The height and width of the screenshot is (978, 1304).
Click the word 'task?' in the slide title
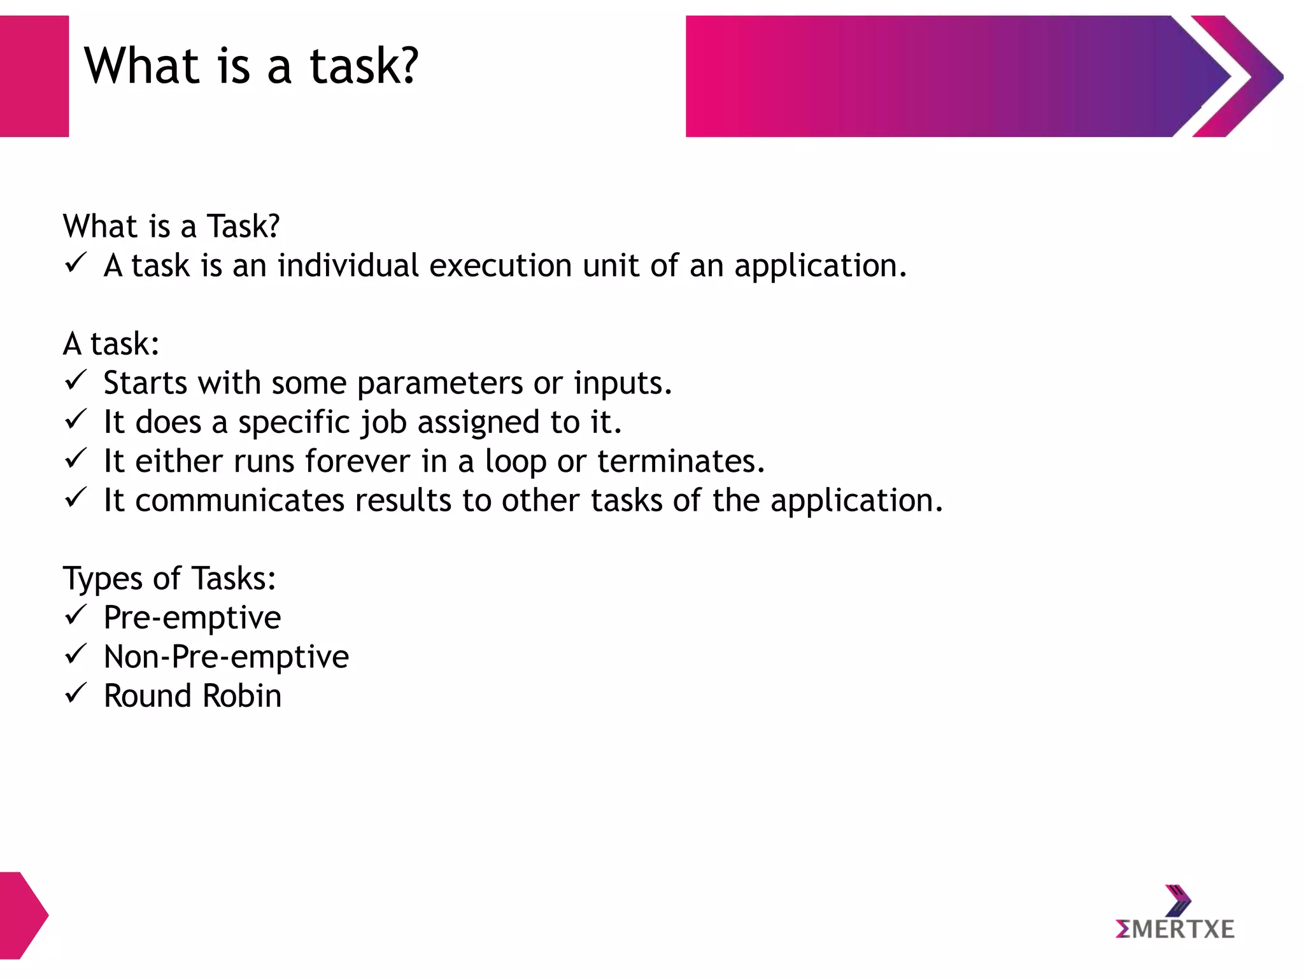pos(364,66)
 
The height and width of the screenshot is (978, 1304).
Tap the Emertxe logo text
pos(1175,930)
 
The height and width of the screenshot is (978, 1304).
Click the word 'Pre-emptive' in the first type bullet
pos(192,618)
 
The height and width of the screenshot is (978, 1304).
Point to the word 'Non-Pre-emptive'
pos(226,656)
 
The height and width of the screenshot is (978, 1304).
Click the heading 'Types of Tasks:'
pos(169,579)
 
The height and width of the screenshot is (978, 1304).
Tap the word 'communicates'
pos(240,500)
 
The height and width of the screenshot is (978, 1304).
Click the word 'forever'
pos(357,461)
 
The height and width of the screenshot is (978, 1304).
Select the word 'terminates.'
pos(681,461)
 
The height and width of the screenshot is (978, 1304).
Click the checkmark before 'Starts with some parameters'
pos(75,380)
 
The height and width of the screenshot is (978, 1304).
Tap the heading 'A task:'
pos(111,344)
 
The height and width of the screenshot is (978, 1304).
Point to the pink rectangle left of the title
pos(34,76)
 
